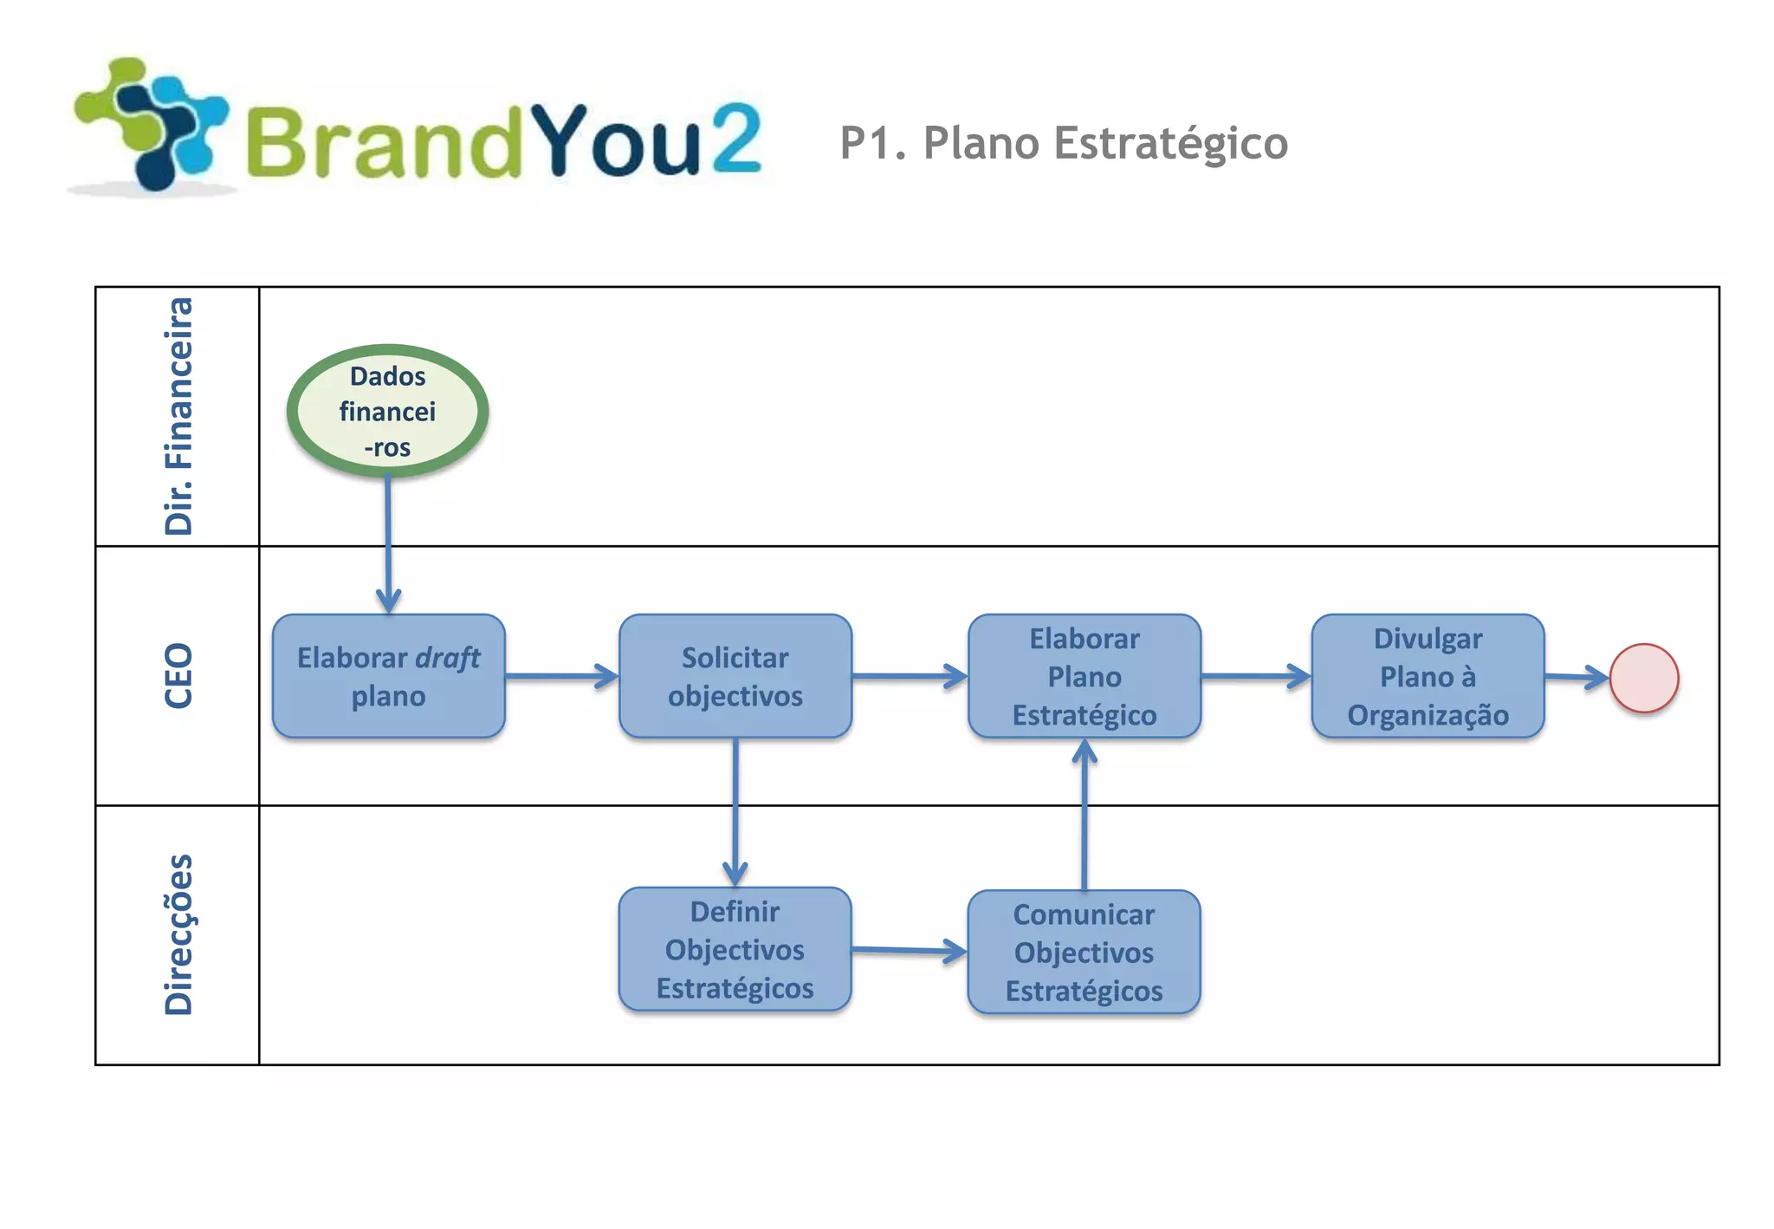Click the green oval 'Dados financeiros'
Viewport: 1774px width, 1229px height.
(x=387, y=411)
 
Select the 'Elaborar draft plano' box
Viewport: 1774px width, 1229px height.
(x=388, y=676)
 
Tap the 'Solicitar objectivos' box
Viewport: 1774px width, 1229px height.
(x=735, y=676)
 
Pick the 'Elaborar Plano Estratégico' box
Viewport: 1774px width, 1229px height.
(x=1084, y=676)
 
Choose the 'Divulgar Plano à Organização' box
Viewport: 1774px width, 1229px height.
(x=1428, y=676)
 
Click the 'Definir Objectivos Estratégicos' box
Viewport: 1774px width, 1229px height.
(x=735, y=949)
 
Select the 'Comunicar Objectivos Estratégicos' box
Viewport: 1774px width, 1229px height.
(x=1084, y=952)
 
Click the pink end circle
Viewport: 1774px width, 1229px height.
(x=1644, y=678)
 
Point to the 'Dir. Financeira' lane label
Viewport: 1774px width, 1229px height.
(x=178, y=416)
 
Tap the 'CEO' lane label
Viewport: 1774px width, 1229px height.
(x=178, y=676)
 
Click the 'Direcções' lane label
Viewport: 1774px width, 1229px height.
(x=178, y=934)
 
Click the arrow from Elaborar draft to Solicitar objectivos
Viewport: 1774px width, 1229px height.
(x=561, y=676)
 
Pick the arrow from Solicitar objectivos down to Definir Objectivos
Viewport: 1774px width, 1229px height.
(x=735, y=811)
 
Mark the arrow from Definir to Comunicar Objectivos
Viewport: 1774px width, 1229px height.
(x=909, y=951)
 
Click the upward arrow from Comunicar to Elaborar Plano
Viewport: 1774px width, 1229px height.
(x=1084, y=815)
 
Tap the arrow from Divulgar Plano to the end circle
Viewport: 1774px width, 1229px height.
(x=1577, y=677)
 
